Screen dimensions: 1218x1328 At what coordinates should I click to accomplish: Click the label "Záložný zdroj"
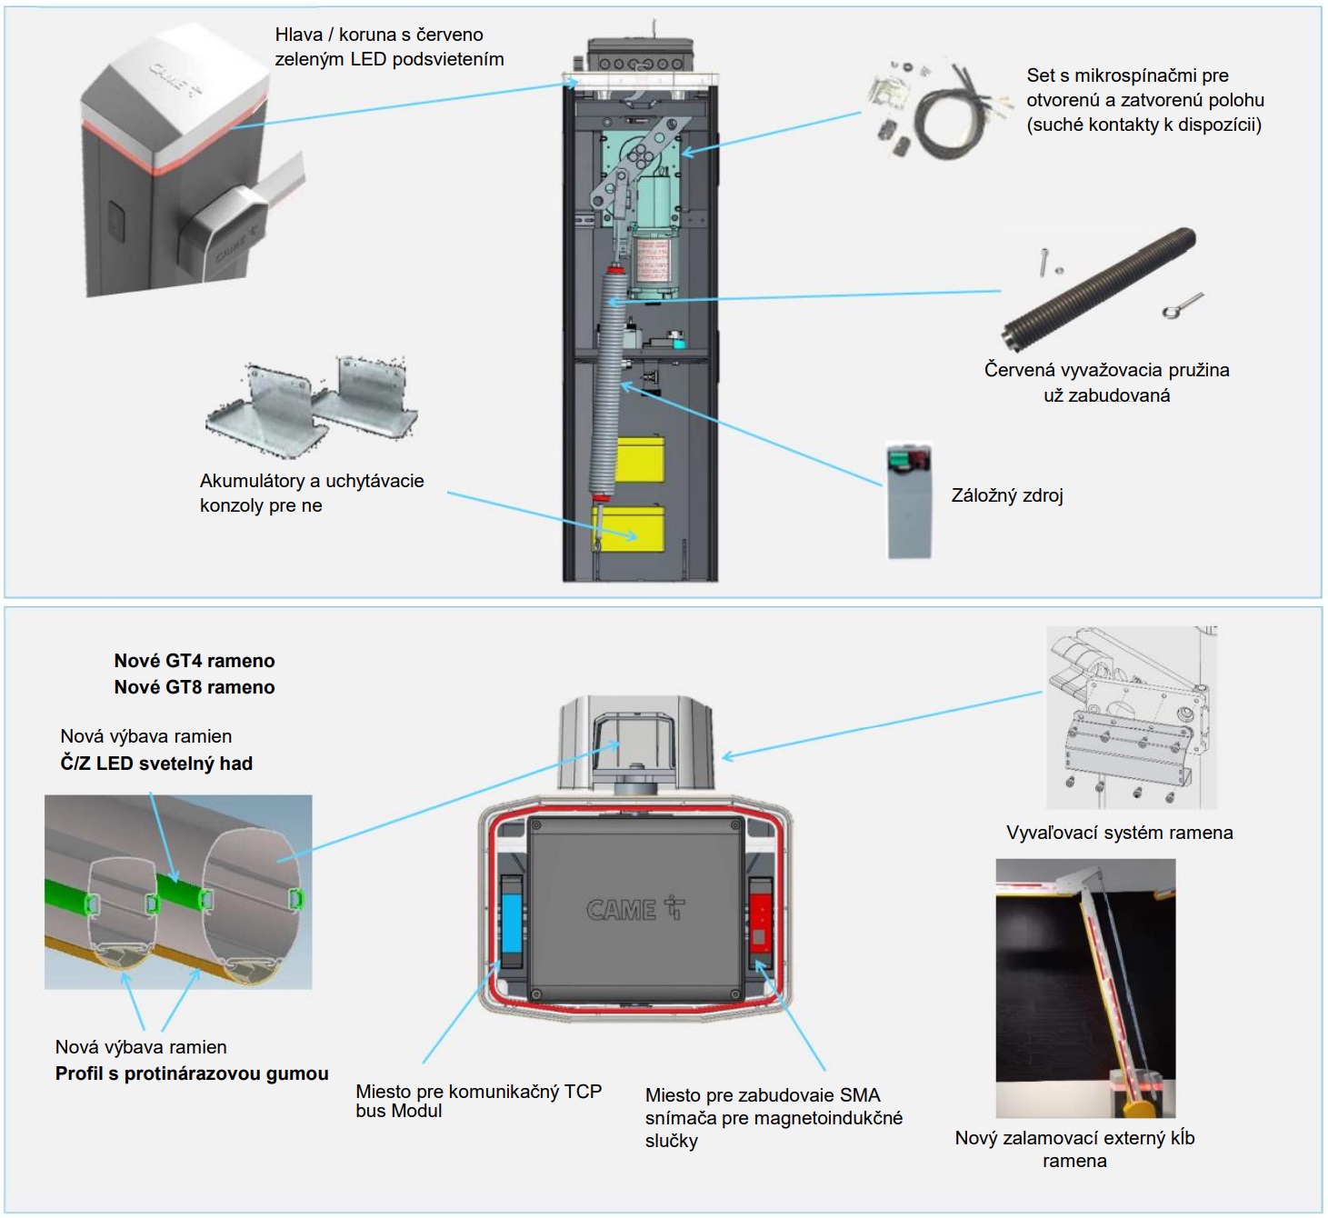(1006, 495)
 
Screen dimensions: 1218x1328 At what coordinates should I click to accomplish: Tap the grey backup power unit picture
(909, 500)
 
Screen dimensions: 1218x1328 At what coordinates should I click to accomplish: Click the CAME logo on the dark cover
(634, 908)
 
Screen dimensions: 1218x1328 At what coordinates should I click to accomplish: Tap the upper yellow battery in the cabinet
(640, 460)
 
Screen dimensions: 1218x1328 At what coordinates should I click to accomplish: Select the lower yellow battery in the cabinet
(630, 529)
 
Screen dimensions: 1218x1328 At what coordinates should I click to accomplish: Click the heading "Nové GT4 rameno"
(194, 661)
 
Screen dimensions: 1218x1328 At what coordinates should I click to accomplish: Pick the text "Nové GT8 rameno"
(194, 687)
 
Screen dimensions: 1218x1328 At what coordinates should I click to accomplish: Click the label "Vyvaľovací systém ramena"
(1119, 833)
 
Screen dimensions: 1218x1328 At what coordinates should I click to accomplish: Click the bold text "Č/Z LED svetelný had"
(156, 764)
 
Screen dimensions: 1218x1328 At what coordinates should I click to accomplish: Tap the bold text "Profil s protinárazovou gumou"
(192, 1073)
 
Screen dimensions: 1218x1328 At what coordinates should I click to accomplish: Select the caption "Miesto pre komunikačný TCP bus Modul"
(478, 1101)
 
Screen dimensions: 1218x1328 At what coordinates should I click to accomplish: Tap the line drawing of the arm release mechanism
(1130, 717)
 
